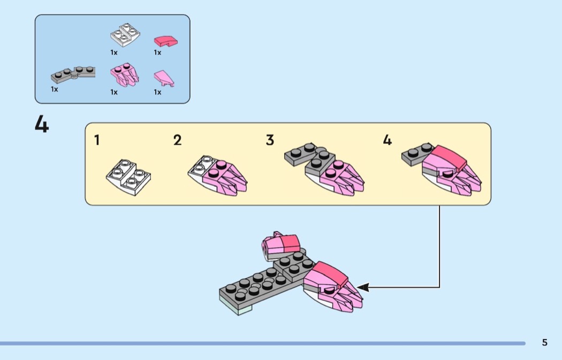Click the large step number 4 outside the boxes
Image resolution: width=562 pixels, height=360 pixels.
[42, 124]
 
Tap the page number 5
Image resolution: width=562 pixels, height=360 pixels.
[544, 342]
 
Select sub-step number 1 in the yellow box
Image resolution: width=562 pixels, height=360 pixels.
[97, 140]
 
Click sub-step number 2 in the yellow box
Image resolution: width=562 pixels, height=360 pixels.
[177, 140]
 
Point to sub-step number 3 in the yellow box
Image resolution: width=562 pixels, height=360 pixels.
[270, 140]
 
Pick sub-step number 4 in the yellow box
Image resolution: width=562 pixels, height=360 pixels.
[387, 140]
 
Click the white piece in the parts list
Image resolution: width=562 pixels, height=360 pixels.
[125, 35]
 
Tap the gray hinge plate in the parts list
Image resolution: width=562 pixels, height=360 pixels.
[73, 74]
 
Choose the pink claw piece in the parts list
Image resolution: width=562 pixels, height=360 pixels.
[124, 75]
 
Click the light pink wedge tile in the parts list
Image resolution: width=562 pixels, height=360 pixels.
[164, 79]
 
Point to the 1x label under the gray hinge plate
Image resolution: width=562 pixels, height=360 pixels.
[54, 89]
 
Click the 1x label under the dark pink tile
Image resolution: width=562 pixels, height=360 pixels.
[157, 52]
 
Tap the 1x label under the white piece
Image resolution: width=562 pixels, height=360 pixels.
[114, 52]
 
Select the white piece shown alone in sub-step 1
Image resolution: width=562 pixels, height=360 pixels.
[128, 177]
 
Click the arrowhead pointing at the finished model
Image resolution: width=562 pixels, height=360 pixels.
[362, 287]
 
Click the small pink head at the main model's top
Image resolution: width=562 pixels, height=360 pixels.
[280, 246]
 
